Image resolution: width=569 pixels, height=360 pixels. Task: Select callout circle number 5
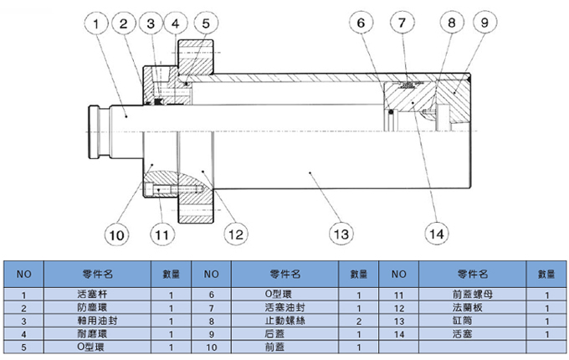(x=207, y=24)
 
